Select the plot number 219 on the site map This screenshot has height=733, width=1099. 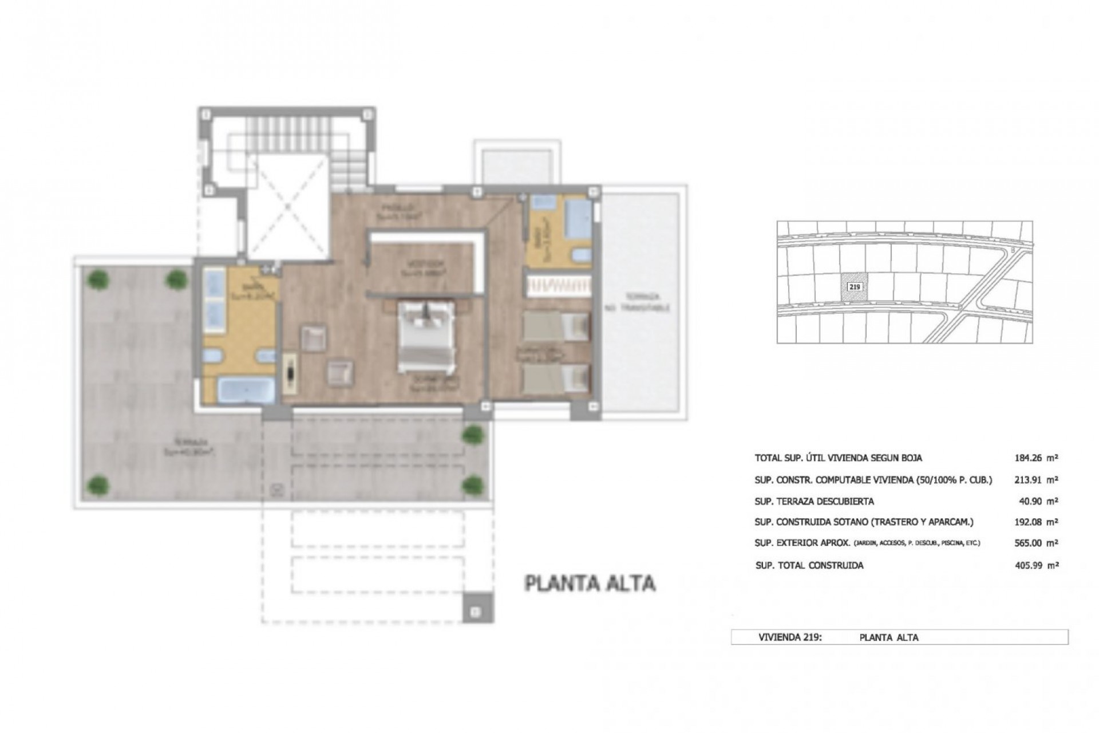coord(853,287)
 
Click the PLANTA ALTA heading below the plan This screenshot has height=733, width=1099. coord(590,584)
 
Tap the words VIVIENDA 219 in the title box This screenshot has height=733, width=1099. coord(790,637)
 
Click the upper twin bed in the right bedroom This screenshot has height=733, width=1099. coord(556,327)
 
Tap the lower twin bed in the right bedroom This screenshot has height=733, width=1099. coord(556,379)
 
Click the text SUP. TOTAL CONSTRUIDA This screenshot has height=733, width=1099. coord(809,565)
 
